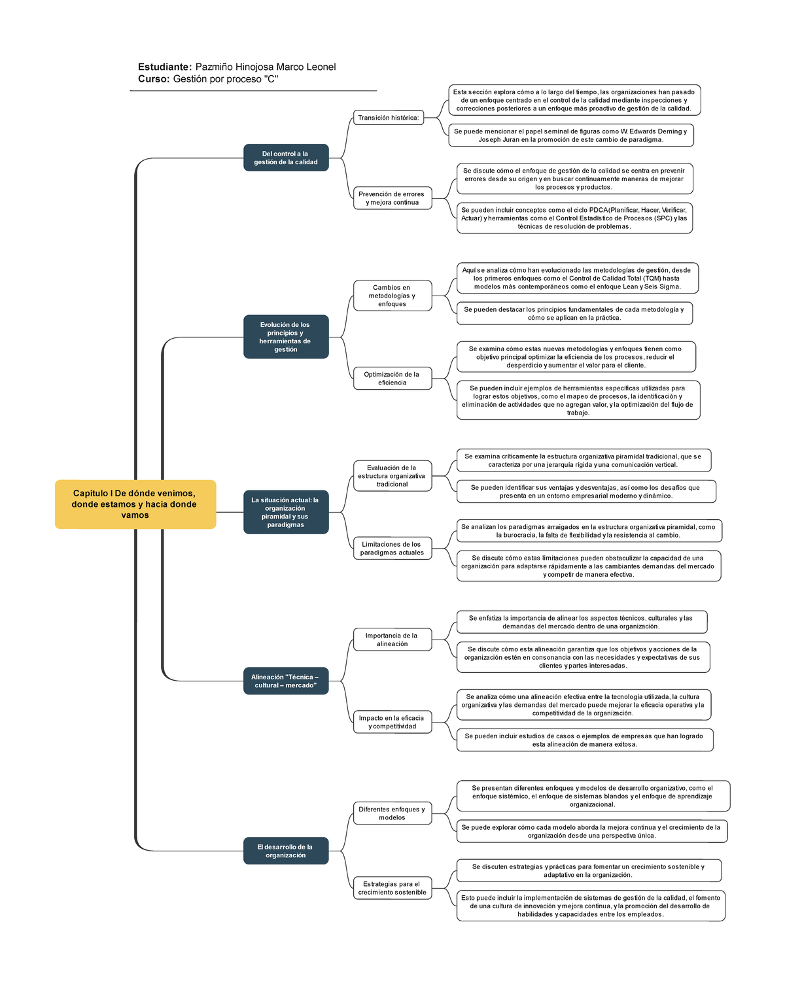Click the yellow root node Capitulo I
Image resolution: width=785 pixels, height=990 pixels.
tap(135, 504)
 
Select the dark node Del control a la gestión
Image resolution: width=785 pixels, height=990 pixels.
tap(286, 158)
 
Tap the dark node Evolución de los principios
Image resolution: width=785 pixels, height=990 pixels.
tap(286, 337)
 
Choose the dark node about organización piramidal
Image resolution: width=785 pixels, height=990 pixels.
tap(286, 512)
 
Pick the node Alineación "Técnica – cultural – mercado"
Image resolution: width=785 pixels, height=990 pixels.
tap(286, 681)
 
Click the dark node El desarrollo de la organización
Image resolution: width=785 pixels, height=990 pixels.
tap(286, 851)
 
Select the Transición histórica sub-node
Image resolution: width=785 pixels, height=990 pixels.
tap(389, 118)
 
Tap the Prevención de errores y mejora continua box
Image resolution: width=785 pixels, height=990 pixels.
tap(392, 198)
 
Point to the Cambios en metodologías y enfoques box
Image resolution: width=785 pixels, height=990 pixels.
tap(392, 296)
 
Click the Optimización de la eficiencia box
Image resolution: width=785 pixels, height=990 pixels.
tap(392, 379)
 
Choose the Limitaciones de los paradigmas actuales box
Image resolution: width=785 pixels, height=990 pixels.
tap(392, 548)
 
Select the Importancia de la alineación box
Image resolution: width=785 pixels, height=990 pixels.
tap(392, 640)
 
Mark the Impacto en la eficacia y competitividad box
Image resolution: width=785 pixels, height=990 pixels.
tap(392, 722)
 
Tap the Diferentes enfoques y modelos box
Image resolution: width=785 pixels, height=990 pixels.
tap(392, 813)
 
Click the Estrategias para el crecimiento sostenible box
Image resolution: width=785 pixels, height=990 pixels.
tap(392, 888)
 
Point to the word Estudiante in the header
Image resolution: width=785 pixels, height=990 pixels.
tap(164, 67)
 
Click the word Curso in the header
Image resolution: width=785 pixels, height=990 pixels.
tap(153, 79)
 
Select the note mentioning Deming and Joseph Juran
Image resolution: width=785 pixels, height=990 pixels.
tap(570, 135)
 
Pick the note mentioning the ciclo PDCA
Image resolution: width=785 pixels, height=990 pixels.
tap(574, 218)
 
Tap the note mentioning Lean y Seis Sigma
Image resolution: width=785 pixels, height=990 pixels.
tap(577, 278)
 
